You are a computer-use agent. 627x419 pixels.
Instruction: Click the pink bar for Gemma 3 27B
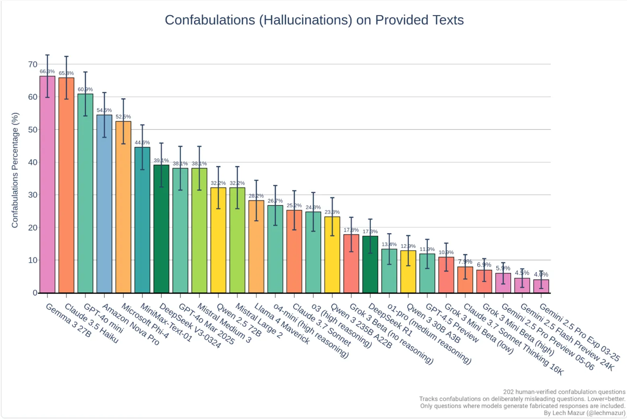[x=47, y=185]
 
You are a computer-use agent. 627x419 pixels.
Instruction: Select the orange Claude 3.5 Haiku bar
[x=66, y=185]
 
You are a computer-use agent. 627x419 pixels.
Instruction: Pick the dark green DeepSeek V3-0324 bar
[x=161, y=229]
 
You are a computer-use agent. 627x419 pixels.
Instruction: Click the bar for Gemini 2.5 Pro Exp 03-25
[x=541, y=286]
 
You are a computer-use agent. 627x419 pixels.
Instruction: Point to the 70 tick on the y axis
[x=33, y=64]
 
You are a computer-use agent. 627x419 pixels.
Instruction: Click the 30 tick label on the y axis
[x=33, y=195]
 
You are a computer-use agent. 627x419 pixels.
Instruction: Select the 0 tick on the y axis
[x=35, y=293]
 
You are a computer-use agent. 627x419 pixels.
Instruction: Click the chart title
[x=314, y=20]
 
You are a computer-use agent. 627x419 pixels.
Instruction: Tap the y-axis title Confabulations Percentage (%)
[x=15, y=170]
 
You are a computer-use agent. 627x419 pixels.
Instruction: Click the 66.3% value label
[x=47, y=72]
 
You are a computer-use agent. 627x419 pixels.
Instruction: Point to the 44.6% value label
[x=142, y=142]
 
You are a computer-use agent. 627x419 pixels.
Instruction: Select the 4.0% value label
[x=541, y=275]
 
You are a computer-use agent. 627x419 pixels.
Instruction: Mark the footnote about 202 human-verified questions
[x=564, y=392]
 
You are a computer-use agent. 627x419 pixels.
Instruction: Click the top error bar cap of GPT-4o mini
[x=85, y=72]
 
